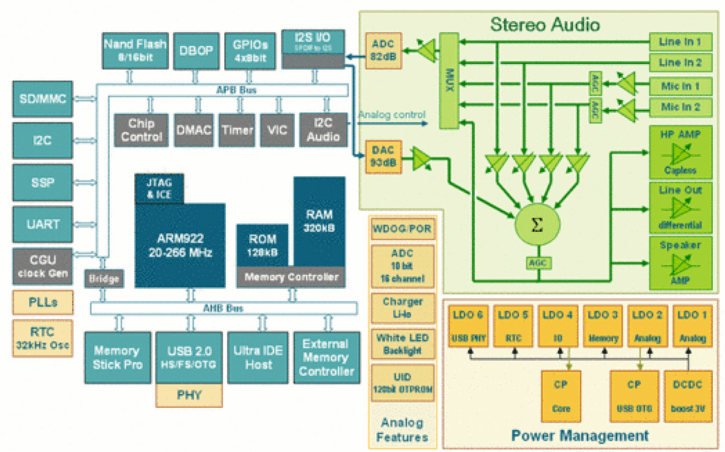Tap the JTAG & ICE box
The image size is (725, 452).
point(159,189)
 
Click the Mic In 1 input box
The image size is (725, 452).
point(680,85)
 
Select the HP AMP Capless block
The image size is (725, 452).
point(680,151)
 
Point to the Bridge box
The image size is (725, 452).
point(105,279)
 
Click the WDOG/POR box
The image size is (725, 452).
point(402,230)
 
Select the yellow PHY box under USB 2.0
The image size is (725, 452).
point(189,395)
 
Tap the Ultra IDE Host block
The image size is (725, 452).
point(258,357)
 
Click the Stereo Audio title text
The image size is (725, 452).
point(545,25)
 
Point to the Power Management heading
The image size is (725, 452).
point(579,435)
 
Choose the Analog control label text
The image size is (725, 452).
point(391,115)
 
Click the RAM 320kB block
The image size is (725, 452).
point(319,222)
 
